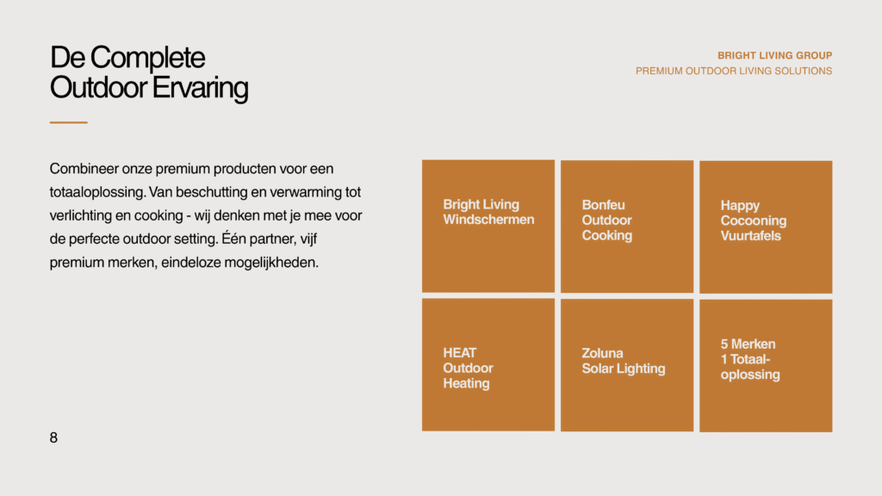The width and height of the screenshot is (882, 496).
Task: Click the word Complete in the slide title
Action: click(148, 59)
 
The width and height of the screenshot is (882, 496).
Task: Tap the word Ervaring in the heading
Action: click(200, 89)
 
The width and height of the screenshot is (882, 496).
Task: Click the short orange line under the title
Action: click(69, 122)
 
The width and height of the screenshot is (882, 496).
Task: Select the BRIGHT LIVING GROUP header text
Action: click(774, 56)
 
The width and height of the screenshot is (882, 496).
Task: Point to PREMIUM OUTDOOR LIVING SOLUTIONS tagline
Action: click(734, 71)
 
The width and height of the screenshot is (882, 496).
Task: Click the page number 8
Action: click(53, 437)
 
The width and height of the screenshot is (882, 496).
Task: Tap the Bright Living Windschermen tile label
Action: click(488, 212)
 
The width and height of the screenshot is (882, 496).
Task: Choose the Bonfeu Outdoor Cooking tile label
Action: click(606, 220)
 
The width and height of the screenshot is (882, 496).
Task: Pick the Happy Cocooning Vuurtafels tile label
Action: click(753, 220)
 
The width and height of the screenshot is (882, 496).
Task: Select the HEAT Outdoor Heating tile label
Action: click(468, 368)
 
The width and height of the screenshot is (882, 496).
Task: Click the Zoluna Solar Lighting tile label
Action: click(624, 361)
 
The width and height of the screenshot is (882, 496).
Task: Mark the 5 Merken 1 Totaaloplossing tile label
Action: click(750, 359)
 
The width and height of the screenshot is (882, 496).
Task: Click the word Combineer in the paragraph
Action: click(84, 169)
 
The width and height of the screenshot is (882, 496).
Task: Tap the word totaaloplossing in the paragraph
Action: click(97, 192)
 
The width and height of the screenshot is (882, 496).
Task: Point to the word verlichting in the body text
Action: click(80, 216)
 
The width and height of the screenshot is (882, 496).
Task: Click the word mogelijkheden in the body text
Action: click(271, 263)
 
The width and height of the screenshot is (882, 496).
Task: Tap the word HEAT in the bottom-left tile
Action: click(460, 352)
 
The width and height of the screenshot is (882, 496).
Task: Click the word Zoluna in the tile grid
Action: click(602, 353)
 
